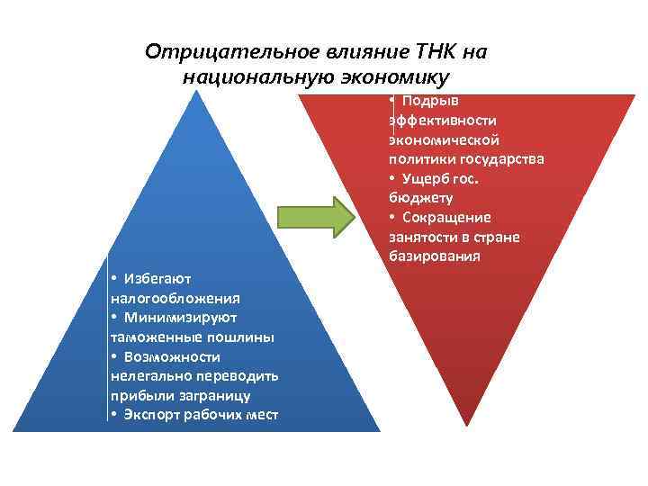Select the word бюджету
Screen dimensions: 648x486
[421, 198]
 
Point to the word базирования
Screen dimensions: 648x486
[435, 256]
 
